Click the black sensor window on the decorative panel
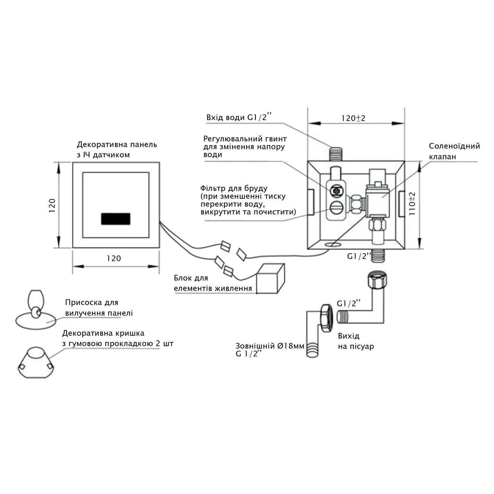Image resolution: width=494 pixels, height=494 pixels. [116, 219]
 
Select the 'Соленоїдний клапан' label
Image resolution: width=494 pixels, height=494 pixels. [454, 151]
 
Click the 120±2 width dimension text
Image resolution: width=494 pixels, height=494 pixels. [353, 118]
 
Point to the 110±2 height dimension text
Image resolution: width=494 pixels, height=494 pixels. [413, 203]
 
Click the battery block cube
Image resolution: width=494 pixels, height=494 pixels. [270, 279]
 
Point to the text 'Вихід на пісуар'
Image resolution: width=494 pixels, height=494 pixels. [355, 341]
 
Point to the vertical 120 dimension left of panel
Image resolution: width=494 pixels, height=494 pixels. [53, 206]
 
